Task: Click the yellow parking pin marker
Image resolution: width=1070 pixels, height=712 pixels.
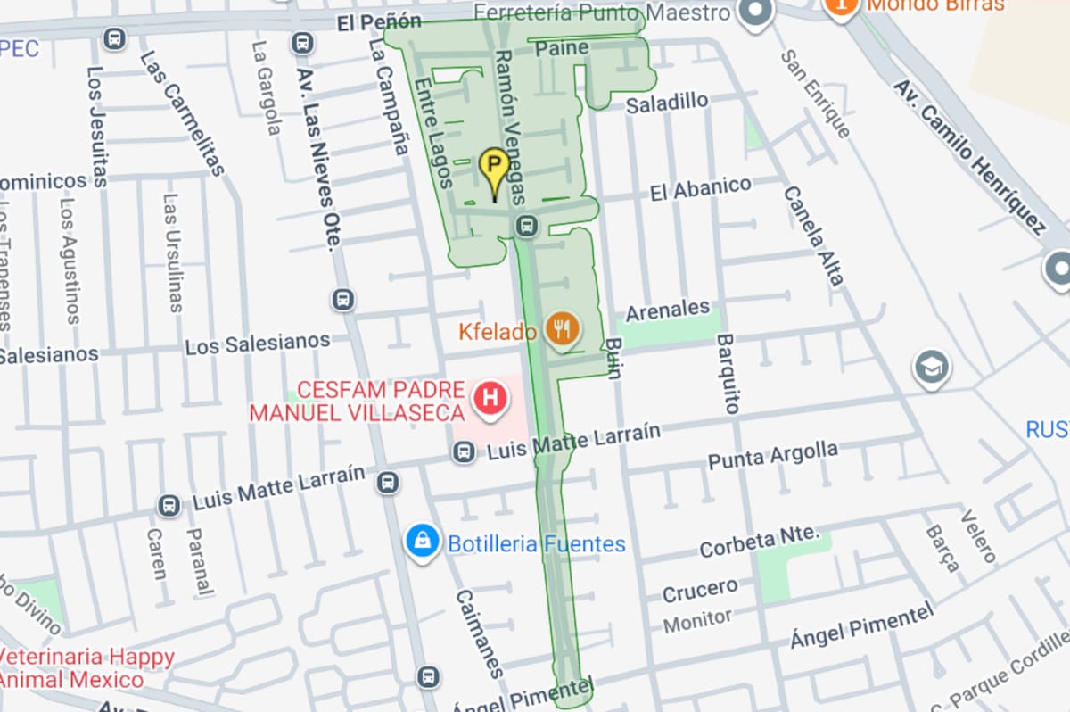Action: click(494, 169)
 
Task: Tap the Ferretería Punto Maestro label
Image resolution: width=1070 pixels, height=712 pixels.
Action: click(601, 12)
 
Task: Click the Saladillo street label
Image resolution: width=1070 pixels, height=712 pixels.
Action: click(667, 103)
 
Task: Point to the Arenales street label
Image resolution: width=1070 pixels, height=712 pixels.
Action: click(668, 311)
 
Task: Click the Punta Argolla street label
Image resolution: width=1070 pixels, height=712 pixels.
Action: click(773, 456)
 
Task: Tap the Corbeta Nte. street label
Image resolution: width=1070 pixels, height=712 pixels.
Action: click(759, 541)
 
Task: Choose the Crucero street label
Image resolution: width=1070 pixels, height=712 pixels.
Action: click(700, 590)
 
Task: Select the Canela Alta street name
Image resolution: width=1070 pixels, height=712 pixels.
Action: click(812, 236)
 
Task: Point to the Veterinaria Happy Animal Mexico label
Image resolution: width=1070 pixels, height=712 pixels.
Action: click(86, 668)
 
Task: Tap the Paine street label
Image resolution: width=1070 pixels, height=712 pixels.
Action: click(562, 47)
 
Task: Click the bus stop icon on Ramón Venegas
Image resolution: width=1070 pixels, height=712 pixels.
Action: click(526, 226)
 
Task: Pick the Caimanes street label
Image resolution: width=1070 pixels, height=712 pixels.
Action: click(480, 633)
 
